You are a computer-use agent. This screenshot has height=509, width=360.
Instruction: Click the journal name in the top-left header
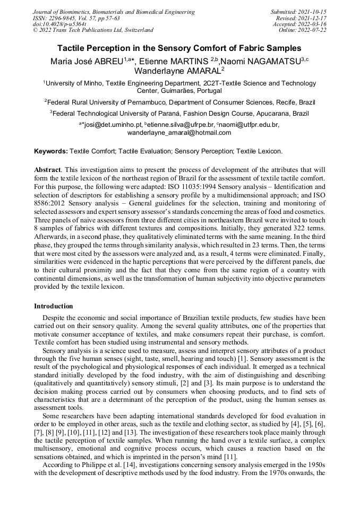(114, 12)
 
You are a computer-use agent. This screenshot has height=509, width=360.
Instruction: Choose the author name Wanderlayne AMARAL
(179, 71)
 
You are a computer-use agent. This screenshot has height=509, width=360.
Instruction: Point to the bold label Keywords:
(51, 151)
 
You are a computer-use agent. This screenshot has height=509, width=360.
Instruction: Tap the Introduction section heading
(54, 306)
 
